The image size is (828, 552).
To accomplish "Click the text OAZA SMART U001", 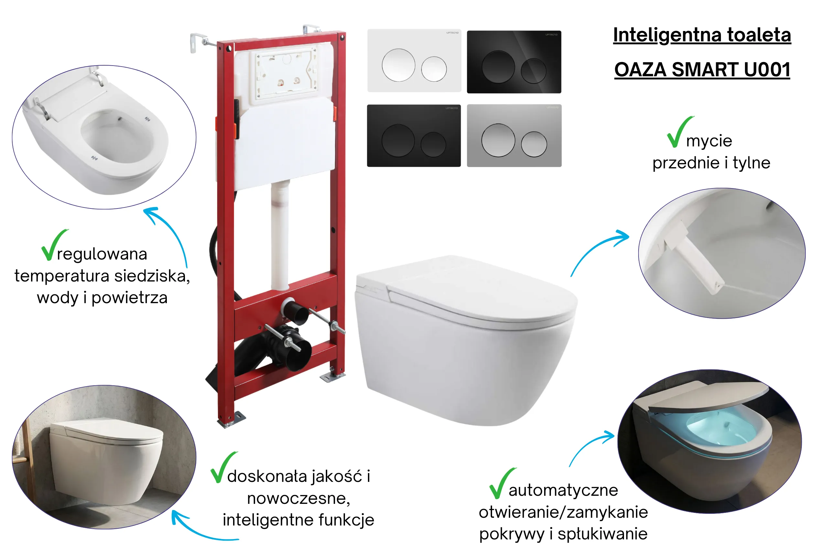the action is tap(702, 69).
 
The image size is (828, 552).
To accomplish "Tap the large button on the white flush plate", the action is tap(398, 65).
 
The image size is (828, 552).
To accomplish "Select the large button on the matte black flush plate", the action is tap(398, 140).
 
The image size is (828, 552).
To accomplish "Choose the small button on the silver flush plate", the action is tap(534, 144).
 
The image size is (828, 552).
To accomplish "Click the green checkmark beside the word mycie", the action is tap(680, 132).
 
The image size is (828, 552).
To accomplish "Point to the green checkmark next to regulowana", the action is tap(54, 245).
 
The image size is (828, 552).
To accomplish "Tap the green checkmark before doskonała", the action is tap(223, 467).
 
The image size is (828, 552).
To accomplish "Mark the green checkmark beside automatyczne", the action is tap(502, 483).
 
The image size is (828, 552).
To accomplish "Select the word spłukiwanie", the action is tap(603, 534).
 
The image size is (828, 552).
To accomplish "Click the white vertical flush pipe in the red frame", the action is tap(280, 234).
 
